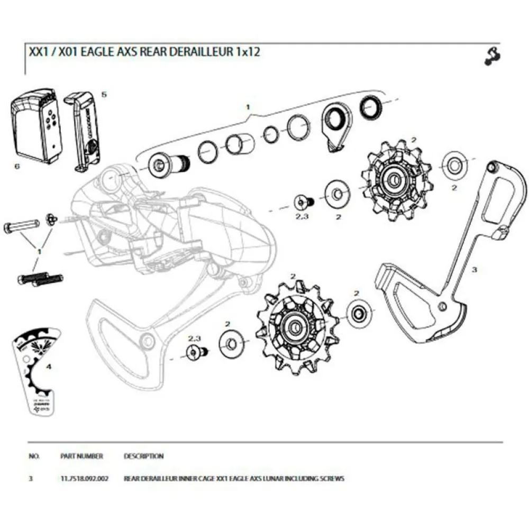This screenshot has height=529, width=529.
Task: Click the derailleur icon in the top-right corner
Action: [492, 56]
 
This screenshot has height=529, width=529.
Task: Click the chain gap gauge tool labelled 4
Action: [35, 372]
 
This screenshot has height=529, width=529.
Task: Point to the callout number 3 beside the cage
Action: [475, 269]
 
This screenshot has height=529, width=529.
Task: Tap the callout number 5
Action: [104, 94]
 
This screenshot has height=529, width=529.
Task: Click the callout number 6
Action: [17, 166]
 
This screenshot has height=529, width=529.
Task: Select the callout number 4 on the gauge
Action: [49, 366]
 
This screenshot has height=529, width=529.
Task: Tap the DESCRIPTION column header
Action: [143, 456]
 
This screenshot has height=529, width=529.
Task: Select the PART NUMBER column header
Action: [82, 456]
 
